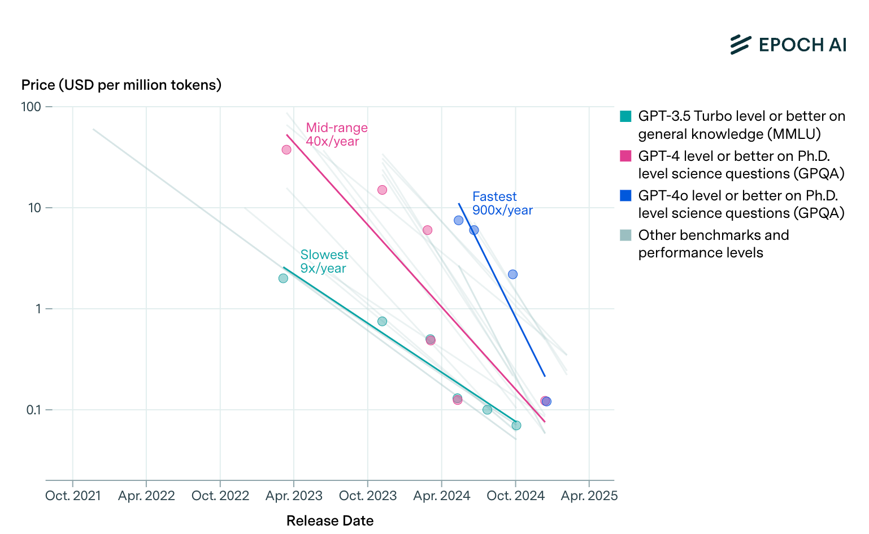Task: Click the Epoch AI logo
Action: [788, 45]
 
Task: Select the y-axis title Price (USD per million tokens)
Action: [121, 85]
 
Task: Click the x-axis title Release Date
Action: [329, 520]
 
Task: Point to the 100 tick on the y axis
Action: [31, 107]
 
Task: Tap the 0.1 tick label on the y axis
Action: [33, 410]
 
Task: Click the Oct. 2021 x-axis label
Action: [73, 496]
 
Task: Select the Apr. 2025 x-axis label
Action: [589, 496]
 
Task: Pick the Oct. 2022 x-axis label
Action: [220, 496]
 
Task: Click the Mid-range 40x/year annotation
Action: [336, 134]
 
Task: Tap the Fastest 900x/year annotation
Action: [502, 203]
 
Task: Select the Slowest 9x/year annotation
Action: [324, 261]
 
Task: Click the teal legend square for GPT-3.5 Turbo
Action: [625, 117]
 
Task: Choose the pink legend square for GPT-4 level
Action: [625, 156]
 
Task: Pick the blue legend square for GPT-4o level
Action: [625, 196]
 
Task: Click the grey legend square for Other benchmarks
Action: [625, 235]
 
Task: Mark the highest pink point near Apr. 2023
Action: [286, 150]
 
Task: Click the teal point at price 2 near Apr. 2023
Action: [283, 278]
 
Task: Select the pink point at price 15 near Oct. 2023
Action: [382, 190]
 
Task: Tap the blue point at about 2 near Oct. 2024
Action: [512, 274]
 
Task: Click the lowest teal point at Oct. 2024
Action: [516, 425]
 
